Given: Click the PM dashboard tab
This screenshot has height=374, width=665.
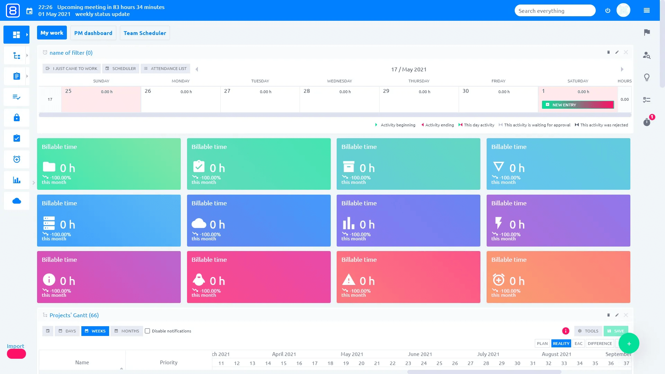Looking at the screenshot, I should (93, 33).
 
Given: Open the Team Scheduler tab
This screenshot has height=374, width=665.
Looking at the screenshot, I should (145, 33).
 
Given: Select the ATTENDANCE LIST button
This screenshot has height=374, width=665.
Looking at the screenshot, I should (165, 69).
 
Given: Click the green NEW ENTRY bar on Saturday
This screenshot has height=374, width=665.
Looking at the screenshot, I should (577, 105).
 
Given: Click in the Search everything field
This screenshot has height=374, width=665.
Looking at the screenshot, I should (554, 11).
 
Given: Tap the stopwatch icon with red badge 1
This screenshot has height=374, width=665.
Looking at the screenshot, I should (647, 122).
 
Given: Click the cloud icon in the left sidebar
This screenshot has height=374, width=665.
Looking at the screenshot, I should (17, 201).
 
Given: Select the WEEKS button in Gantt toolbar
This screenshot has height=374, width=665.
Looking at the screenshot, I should (95, 331).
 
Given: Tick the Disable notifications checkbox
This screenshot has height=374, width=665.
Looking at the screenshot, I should (148, 331).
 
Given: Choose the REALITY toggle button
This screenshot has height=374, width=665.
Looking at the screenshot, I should (561, 344).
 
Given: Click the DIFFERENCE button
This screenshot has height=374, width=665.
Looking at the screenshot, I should (600, 344).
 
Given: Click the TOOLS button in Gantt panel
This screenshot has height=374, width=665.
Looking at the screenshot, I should (588, 331).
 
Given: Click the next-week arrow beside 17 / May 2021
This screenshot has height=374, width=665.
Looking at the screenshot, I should (622, 69).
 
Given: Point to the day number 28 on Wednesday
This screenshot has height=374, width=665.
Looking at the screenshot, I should (307, 91).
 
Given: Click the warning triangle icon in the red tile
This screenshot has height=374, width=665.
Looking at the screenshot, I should (348, 279).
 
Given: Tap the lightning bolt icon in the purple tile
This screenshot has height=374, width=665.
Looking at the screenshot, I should (498, 223).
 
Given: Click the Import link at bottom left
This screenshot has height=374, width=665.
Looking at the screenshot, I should (16, 346).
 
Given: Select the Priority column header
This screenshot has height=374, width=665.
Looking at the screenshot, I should (169, 362).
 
